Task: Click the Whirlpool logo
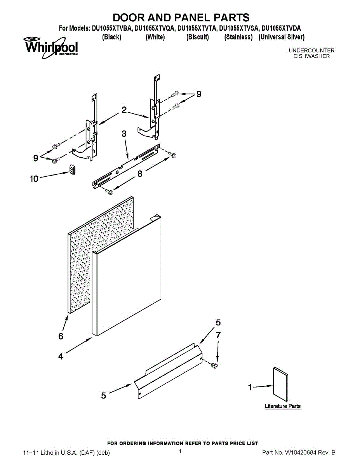(x=51, y=47)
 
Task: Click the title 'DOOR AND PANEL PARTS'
(x=181, y=17)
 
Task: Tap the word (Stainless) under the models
(x=238, y=37)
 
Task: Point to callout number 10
(x=34, y=179)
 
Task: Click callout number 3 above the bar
(x=123, y=134)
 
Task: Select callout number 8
(x=140, y=174)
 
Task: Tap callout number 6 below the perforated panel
(x=61, y=336)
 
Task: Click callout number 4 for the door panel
(x=61, y=356)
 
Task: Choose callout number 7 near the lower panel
(x=218, y=335)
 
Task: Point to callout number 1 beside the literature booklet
(x=250, y=387)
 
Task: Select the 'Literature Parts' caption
(x=282, y=406)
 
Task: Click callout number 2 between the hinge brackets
(x=124, y=110)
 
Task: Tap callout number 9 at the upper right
(x=199, y=94)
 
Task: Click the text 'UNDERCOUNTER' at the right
(x=311, y=50)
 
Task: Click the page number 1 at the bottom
(x=180, y=451)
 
